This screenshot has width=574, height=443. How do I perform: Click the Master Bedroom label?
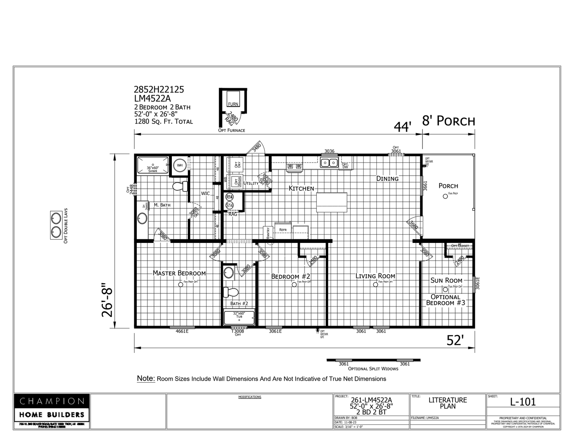[179, 273]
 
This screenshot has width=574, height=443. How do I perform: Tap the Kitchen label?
[301, 188]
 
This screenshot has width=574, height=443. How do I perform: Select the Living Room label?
[375, 276]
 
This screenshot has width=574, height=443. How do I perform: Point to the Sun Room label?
[446, 280]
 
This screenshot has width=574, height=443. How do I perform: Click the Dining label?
[387, 179]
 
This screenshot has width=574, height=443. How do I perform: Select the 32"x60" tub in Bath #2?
[239, 317]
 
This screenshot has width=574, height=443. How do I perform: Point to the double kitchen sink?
[329, 163]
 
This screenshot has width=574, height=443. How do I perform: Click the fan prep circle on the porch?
[445, 196]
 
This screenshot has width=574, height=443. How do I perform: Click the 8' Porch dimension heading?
[448, 121]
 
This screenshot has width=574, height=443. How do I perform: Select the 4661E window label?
[182, 331]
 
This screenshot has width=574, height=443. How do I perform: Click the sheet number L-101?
[523, 401]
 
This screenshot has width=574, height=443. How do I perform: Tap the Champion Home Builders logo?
[52, 408]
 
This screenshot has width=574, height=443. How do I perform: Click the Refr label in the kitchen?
[283, 230]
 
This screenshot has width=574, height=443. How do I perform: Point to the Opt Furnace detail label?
[231, 130]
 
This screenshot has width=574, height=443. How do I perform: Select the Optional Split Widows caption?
[373, 368]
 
